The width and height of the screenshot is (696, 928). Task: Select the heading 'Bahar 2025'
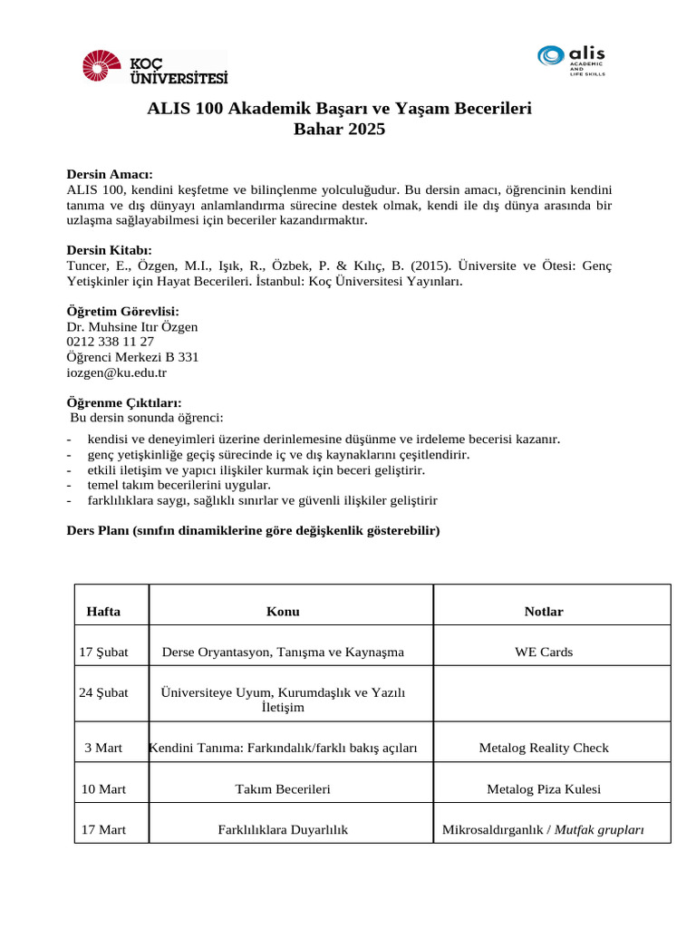[339, 130]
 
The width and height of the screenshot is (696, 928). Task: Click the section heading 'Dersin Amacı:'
[110, 174]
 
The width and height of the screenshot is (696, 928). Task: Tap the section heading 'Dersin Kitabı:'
[110, 249]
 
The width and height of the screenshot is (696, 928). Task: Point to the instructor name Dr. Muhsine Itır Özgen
[132, 326]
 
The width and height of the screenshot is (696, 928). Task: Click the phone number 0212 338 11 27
[111, 342]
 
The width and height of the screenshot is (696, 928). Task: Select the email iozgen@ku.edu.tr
[117, 372]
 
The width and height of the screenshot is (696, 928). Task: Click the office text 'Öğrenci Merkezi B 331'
[132, 357]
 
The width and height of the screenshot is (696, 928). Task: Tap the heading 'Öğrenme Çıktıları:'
[124, 402]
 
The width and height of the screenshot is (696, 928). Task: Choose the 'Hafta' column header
[103, 612]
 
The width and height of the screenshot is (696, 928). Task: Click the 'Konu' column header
[283, 612]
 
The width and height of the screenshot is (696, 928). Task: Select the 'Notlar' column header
[544, 612]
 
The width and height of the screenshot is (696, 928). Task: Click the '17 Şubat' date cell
[103, 652]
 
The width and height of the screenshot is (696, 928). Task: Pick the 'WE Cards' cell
[544, 652]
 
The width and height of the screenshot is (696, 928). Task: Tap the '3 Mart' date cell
[103, 748]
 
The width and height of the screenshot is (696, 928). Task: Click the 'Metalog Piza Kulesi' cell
[544, 789]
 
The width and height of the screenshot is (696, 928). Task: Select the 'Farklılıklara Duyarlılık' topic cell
[283, 829]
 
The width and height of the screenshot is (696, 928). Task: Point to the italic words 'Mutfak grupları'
[599, 829]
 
